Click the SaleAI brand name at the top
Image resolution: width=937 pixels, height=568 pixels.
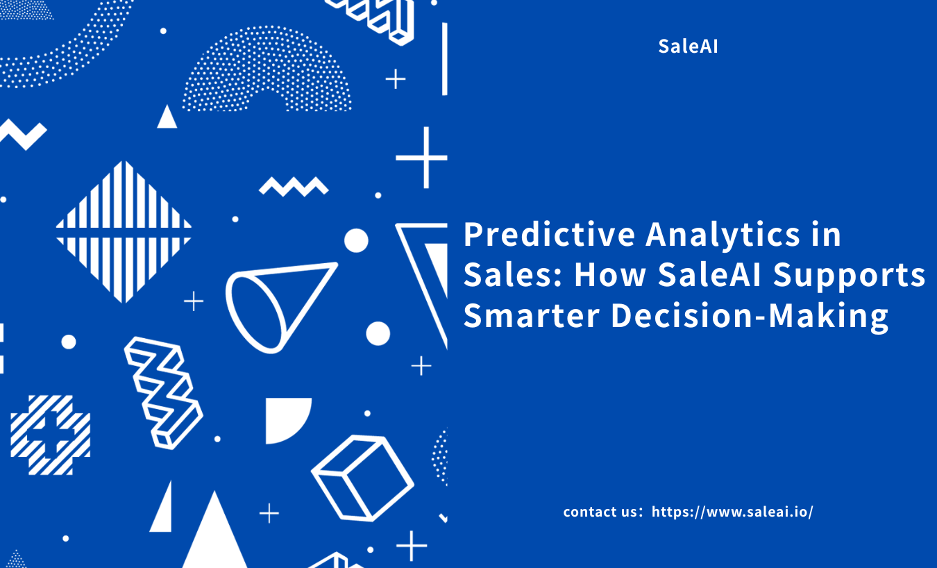pyautogui.click(x=688, y=46)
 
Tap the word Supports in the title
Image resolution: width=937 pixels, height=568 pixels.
pyautogui.click(x=849, y=276)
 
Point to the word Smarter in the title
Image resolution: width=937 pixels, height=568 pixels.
pyautogui.click(x=532, y=316)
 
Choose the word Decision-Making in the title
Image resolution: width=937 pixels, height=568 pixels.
pyautogui.click(x=750, y=317)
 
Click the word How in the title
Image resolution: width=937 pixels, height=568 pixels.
pyautogui.click(x=610, y=275)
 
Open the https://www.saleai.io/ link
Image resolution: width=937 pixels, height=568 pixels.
pyautogui.click(x=732, y=512)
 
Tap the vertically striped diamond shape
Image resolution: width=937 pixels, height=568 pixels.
pyautogui.click(x=124, y=231)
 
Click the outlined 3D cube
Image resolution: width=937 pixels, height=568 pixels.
pyautogui.click(x=363, y=478)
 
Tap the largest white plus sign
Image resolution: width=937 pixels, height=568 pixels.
pyautogui.click(x=423, y=158)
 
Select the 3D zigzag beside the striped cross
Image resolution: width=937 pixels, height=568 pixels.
pyautogui.click(x=163, y=392)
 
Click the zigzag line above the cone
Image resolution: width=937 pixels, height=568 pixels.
pyautogui.click(x=294, y=187)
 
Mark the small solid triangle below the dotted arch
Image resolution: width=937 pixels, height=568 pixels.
pyautogui.click(x=167, y=117)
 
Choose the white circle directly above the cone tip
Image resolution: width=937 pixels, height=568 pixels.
pyautogui.click(x=356, y=241)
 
